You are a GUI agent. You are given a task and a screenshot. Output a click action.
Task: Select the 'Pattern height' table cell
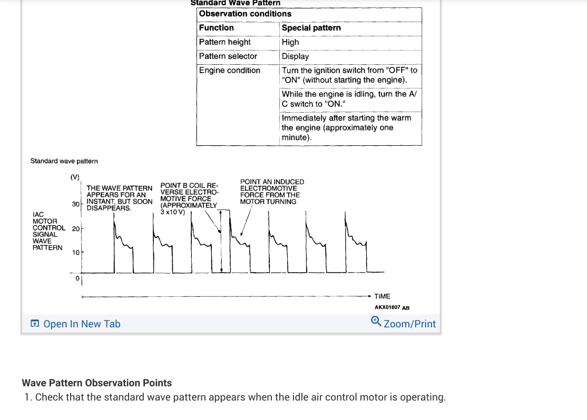(225, 42)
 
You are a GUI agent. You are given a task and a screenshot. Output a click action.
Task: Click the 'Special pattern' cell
(311, 28)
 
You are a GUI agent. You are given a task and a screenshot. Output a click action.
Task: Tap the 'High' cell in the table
(290, 42)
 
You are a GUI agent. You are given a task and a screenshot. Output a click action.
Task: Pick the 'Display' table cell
(296, 56)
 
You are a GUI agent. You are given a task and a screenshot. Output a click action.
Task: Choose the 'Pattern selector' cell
(228, 56)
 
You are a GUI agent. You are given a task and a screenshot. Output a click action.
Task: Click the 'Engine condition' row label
(230, 71)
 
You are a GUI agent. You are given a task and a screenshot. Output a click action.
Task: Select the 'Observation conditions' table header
(245, 14)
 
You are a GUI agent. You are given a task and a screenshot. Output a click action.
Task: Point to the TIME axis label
(382, 297)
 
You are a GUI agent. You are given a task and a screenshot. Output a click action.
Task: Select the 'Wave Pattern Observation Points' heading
(96, 383)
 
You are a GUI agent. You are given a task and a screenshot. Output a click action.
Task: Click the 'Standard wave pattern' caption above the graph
(64, 161)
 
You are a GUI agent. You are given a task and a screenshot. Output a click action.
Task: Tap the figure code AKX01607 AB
(392, 307)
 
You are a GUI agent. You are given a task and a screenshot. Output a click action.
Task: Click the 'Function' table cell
(217, 28)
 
